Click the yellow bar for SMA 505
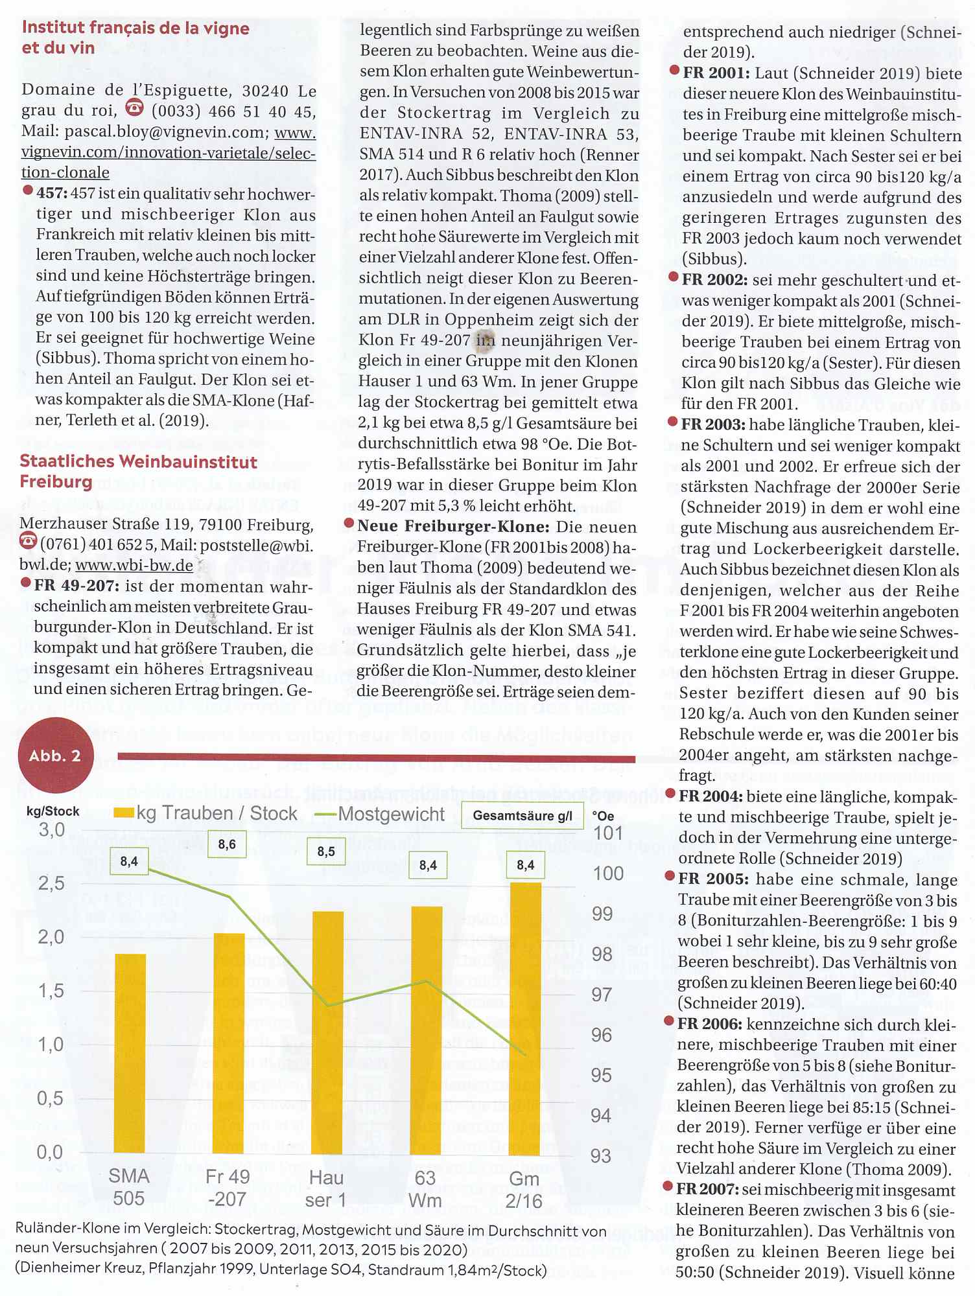click(x=130, y=1053)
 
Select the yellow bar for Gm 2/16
click(x=525, y=1017)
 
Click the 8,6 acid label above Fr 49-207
click(x=227, y=844)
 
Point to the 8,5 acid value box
click(x=326, y=851)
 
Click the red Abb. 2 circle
click(x=56, y=756)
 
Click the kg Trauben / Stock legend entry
click(x=206, y=813)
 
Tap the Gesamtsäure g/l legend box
click(x=523, y=815)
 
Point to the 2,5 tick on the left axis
click(x=51, y=883)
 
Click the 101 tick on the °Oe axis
click(x=607, y=833)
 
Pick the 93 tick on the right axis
click(x=601, y=1155)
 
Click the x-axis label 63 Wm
click(x=425, y=1188)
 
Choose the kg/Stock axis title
click(x=53, y=811)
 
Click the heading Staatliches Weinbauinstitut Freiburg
click(x=138, y=471)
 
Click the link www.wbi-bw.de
click(x=134, y=565)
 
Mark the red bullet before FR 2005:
click(x=670, y=877)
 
